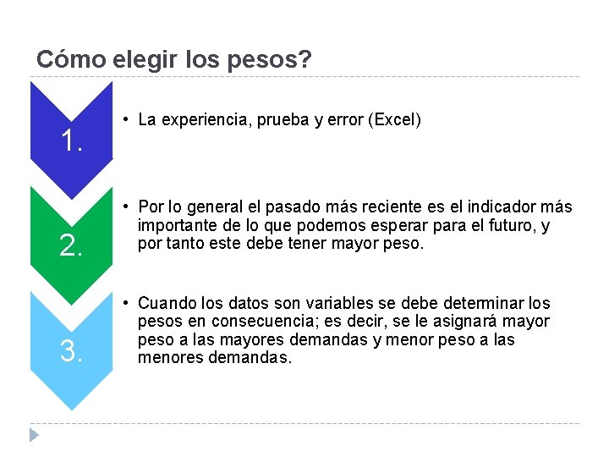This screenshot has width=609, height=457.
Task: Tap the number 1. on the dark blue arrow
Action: (71, 141)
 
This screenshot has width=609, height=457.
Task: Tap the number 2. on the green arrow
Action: (71, 246)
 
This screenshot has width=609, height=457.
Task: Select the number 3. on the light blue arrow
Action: (71, 350)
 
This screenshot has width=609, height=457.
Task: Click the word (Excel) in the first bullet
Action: (394, 120)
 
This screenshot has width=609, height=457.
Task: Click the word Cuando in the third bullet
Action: (166, 303)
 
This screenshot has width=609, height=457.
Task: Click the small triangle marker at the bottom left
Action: (35, 436)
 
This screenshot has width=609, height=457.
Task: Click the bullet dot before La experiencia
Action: (124, 119)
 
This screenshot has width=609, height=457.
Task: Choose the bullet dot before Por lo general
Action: (124, 206)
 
